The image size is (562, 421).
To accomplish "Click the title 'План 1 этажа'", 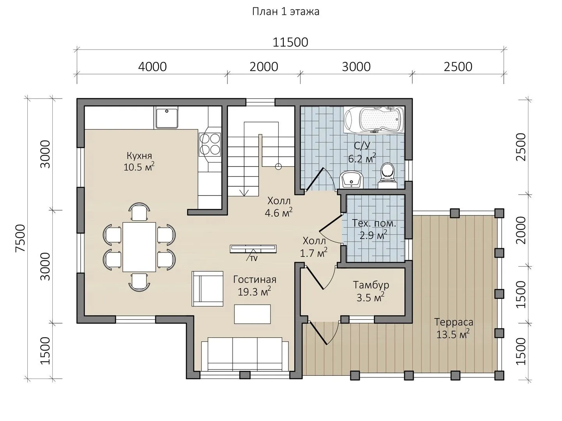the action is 286,12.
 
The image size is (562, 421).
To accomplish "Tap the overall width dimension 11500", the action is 290,42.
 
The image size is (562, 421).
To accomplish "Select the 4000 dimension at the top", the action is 152,67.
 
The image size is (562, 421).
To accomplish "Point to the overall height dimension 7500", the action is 20,238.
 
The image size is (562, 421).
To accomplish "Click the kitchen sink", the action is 167,118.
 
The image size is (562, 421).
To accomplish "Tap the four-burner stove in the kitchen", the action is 210,144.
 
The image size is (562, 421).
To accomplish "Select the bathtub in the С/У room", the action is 374,120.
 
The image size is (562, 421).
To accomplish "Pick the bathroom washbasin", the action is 351,179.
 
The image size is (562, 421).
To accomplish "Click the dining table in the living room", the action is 139,247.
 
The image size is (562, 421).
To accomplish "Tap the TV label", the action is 254,258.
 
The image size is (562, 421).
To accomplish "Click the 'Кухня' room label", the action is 139,156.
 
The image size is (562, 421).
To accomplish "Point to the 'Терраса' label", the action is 454,322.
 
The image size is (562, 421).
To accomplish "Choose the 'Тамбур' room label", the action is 371,285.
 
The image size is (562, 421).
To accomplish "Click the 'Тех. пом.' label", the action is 374,223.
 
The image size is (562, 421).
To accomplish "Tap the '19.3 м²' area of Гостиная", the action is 254,291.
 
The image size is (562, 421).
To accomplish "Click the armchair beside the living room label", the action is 207,288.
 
